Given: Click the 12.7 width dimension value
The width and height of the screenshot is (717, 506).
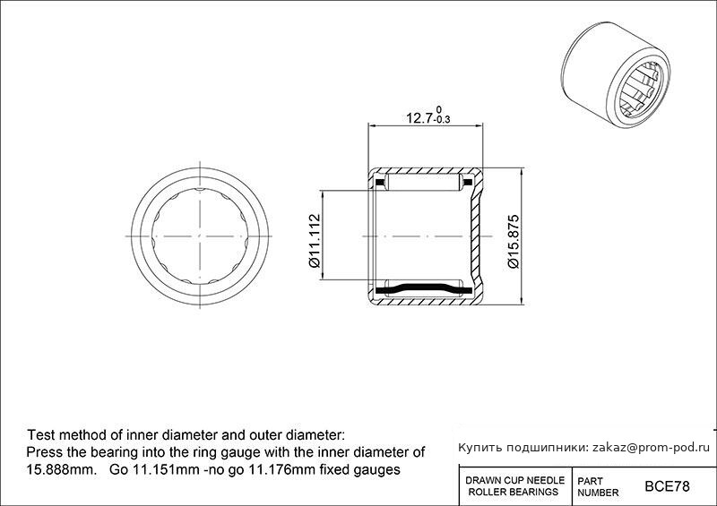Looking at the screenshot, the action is (x=419, y=118).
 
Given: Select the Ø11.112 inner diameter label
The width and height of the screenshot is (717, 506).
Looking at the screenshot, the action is (x=315, y=241).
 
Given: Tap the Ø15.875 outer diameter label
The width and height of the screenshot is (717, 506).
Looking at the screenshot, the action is (x=513, y=241).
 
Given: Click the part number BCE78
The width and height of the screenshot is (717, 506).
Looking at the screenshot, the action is (x=667, y=486).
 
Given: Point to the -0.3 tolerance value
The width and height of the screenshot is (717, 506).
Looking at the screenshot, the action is (x=442, y=120).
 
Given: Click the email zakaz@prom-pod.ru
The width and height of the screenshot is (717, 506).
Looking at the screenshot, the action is (x=652, y=448).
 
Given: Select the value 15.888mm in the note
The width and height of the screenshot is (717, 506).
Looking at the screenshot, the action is (x=61, y=469).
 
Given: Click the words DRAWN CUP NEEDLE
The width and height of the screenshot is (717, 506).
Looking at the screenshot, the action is (x=514, y=480).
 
